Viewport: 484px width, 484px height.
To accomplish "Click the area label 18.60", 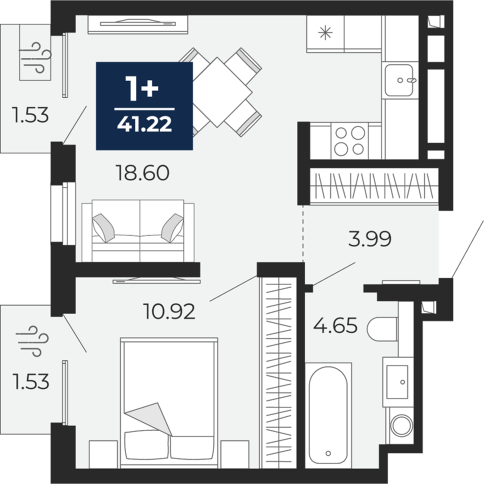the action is tap(142, 173).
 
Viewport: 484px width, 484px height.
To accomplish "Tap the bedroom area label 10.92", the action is tap(169, 311).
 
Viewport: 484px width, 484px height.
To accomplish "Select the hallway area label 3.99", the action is tap(370, 238).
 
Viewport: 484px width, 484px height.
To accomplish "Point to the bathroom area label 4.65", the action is tap(335, 325).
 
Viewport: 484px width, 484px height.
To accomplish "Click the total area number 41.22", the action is tap(144, 125).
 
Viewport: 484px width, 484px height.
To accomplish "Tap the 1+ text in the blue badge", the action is tap(142, 88).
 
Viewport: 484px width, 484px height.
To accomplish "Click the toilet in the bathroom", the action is tap(382, 329).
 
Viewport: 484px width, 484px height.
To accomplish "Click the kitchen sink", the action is tap(399, 80).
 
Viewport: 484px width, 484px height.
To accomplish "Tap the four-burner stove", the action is tap(350, 141).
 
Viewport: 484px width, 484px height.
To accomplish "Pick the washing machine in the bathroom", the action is tap(402, 426).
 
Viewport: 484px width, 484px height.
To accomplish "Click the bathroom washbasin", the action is tap(398, 382).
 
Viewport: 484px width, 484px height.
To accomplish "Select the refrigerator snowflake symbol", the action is tap(325, 33).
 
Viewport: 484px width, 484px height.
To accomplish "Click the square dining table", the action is tap(218, 92).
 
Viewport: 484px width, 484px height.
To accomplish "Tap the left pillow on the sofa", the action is tap(103, 228).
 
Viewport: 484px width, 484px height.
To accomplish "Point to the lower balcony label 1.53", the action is tap(31, 381).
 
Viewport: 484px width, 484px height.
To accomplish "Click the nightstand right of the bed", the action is tap(235, 454).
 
